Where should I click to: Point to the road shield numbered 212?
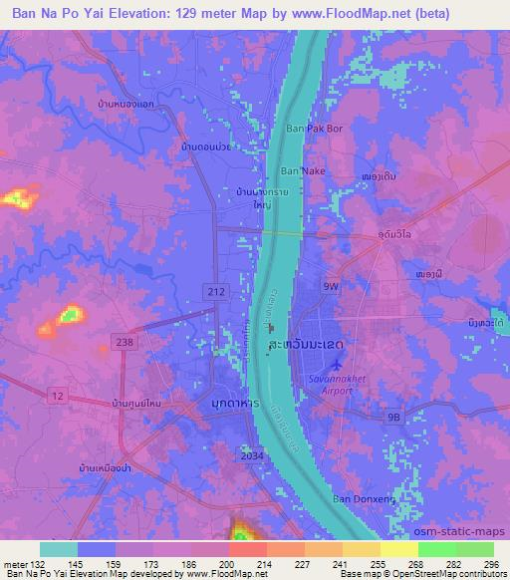(x=219, y=291)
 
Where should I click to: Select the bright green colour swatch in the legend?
(x=437, y=549)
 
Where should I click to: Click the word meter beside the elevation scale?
(x=15, y=563)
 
